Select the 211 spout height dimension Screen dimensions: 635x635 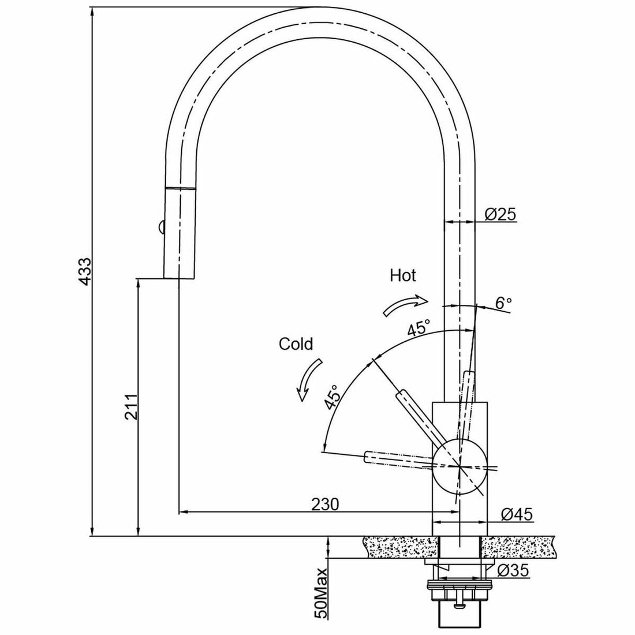[x=130, y=409]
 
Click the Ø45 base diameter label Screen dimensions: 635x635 [x=516, y=514]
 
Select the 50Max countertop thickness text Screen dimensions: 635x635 [x=321, y=601]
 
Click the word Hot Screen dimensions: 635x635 [x=403, y=275]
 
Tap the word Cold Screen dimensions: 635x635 [x=296, y=345]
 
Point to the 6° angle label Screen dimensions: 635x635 [x=503, y=302]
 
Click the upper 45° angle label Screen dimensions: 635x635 [x=418, y=329]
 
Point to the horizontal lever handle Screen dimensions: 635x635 [x=398, y=460]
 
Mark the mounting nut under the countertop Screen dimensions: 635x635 [x=460, y=592]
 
